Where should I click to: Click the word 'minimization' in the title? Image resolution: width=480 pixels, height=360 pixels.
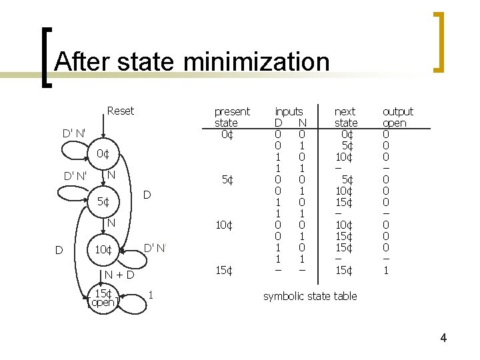(x=256, y=62)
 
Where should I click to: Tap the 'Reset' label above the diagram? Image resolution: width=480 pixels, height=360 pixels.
(x=120, y=111)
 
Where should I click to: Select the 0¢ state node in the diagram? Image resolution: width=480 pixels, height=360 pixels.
(x=102, y=155)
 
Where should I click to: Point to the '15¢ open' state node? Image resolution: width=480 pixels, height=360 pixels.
(x=103, y=297)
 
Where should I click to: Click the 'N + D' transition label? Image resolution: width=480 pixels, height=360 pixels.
(x=119, y=275)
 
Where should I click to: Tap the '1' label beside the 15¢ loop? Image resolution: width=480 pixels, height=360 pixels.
(x=152, y=294)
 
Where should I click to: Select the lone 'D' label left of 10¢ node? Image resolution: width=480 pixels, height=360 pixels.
(x=59, y=251)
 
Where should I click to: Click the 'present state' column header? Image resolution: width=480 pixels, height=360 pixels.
(x=231, y=117)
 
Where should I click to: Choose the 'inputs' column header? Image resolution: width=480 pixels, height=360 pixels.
(x=289, y=111)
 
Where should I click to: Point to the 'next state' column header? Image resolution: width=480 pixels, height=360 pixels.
(x=345, y=117)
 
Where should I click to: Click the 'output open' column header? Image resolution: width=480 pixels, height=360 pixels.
(x=397, y=117)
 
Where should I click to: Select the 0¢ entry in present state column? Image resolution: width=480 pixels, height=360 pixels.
(x=227, y=135)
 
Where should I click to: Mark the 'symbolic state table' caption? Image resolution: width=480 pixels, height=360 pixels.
(x=310, y=296)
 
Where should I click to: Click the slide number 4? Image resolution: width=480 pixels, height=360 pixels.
(x=443, y=338)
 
